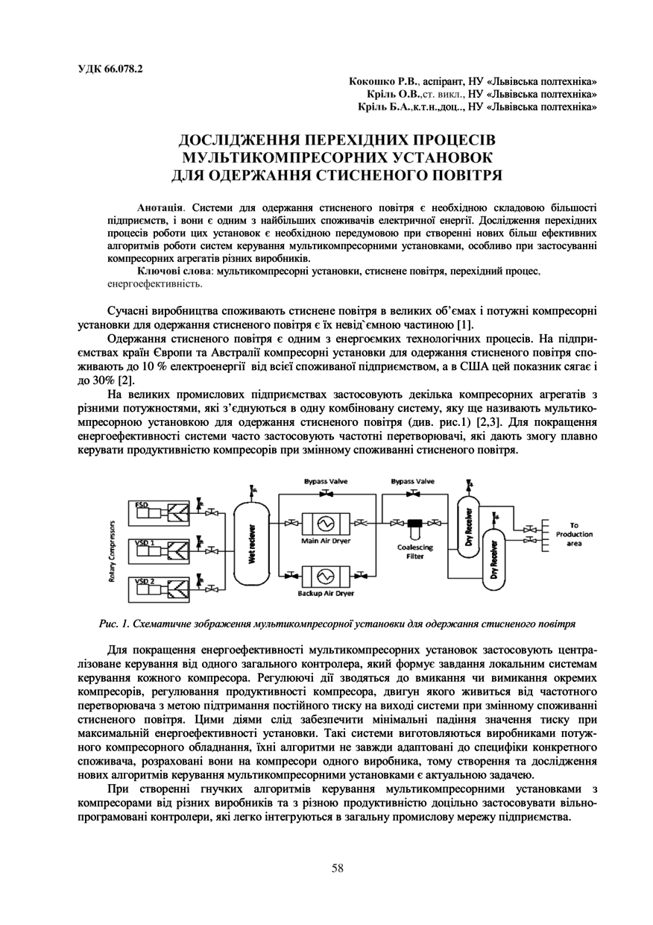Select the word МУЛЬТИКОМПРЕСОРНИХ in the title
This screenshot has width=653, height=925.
[337, 157]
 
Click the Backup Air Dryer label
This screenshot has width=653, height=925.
[326, 594]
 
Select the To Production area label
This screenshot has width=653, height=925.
[574, 534]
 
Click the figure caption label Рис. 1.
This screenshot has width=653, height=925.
[112, 622]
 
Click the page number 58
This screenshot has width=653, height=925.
[337, 867]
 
